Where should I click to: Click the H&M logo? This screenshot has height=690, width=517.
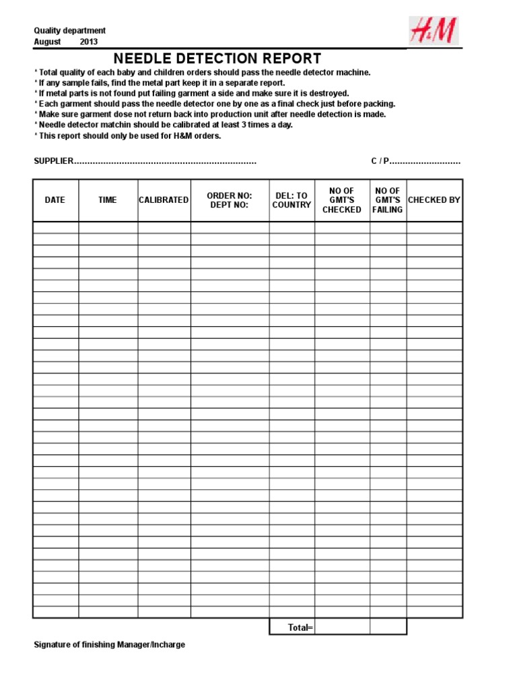tap(434, 32)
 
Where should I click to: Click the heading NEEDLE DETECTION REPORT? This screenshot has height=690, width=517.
tap(217, 59)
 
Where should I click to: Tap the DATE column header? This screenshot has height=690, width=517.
tap(55, 200)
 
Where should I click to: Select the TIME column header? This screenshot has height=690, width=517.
tap(108, 200)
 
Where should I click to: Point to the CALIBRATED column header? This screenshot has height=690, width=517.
tap(164, 200)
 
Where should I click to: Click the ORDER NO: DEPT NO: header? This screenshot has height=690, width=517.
tap(230, 200)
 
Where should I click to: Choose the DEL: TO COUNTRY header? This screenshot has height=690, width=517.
tap(291, 200)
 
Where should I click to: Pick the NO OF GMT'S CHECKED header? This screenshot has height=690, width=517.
tap(342, 200)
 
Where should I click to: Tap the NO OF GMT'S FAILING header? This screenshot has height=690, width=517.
tap(388, 200)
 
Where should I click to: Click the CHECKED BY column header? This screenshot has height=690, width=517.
tap(434, 200)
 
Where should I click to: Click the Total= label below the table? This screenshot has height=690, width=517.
tap(300, 627)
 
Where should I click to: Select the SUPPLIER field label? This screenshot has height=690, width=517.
tap(53, 162)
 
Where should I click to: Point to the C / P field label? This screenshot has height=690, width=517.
tap(380, 162)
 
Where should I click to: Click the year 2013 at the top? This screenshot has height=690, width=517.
tap(89, 42)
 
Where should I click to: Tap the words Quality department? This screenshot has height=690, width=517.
tap(69, 31)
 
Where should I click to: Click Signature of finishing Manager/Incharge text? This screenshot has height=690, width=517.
tap(110, 645)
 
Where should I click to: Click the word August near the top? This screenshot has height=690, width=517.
tap(47, 42)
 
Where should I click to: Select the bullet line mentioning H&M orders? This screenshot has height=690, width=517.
tap(128, 135)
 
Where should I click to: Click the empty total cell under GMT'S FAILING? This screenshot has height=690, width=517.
tap(388, 627)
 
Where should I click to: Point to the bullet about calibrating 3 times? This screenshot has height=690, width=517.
tap(164, 125)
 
